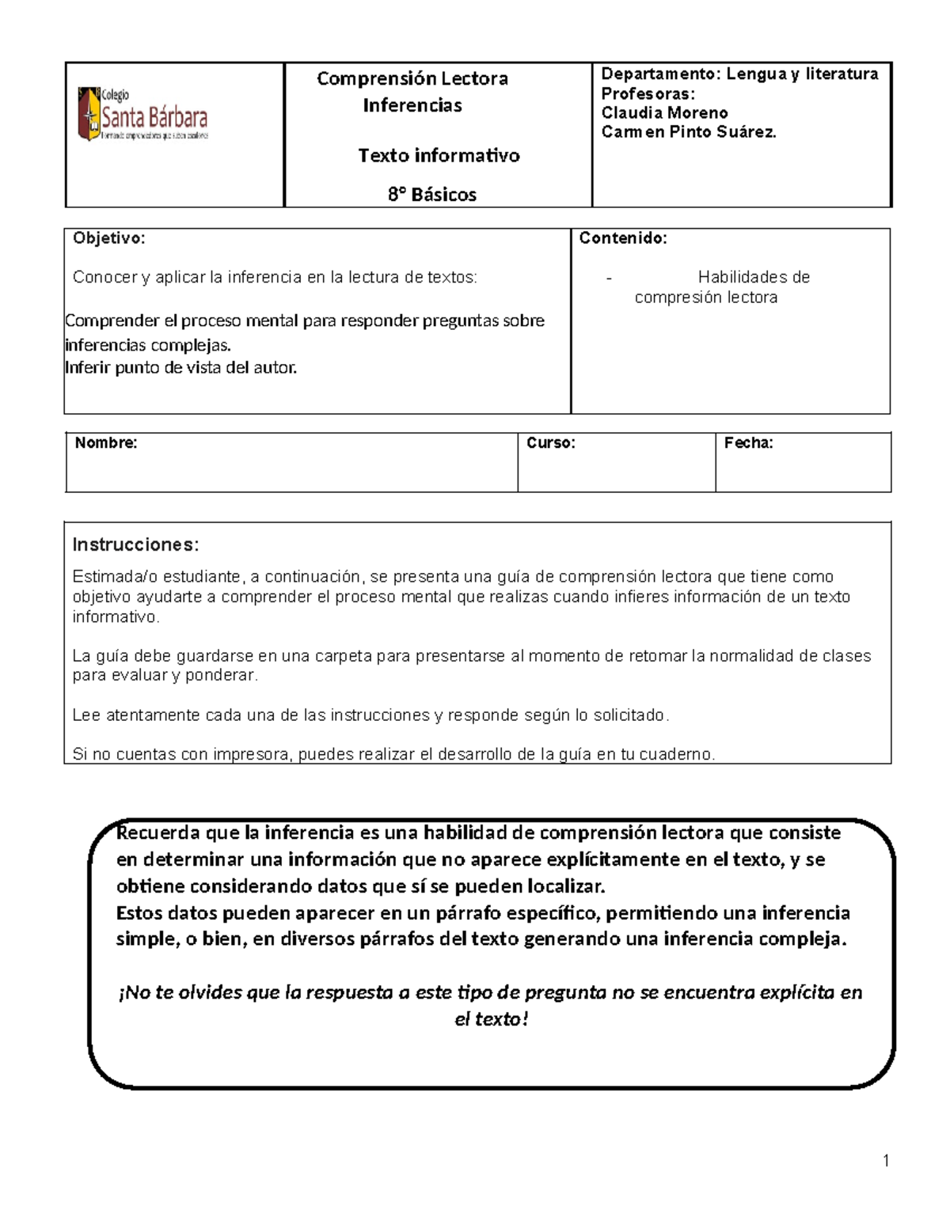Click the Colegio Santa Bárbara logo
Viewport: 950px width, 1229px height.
(x=143, y=116)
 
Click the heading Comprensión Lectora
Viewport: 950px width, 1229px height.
(x=412, y=78)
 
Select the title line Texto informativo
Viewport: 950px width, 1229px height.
(x=439, y=155)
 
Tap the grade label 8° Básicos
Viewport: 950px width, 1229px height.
(x=432, y=195)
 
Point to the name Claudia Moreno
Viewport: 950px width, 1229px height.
(x=664, y=112)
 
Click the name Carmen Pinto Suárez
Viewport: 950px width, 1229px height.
(x=689, y=132)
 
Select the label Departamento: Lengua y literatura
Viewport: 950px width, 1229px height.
(x=739, y=74)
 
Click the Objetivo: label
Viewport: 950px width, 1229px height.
(x=108, y=238)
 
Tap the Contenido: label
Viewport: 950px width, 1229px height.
(x=623, y=238)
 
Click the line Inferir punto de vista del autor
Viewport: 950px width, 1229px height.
(x=180, y=367)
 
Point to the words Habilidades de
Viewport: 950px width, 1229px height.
(x=753, y=277)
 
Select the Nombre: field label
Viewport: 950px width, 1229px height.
(x=106, y=443)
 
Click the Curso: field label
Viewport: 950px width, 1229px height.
(x=551, y=443)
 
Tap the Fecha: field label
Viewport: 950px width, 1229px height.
(x=748, y=443)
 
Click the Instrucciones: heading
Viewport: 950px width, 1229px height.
(x=135, y=544)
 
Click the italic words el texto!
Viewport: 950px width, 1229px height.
(x=491, y=1019)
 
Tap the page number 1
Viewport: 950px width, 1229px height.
(x=886, y=1161)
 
